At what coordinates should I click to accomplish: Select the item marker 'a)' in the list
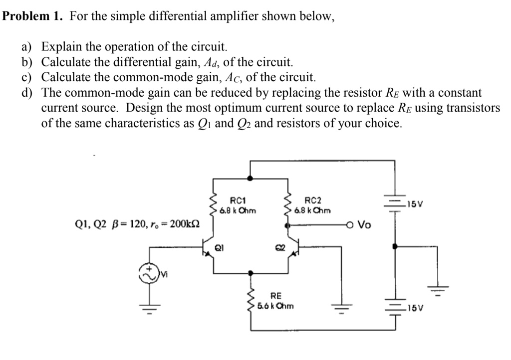[x=27, y=47]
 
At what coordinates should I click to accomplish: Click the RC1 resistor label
[x=237, y=200]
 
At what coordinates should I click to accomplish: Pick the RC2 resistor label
[x=312, y=200]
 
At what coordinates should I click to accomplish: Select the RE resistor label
[x=275, y=296]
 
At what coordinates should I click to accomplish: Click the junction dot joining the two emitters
[x=251, y=273]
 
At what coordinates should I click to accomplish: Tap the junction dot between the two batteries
[x=395, y=246]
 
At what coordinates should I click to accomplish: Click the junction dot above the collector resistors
[x=251, y=178]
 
